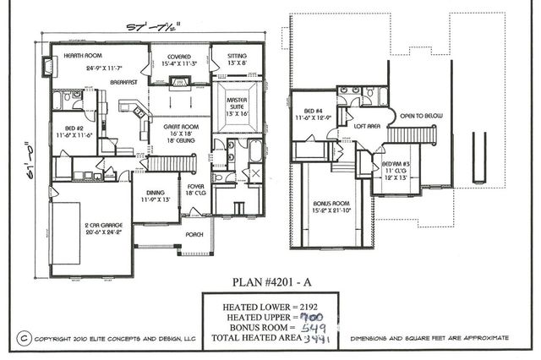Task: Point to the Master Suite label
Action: point(237,103)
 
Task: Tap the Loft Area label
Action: point(365,124)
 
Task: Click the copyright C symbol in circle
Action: point(25,336)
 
